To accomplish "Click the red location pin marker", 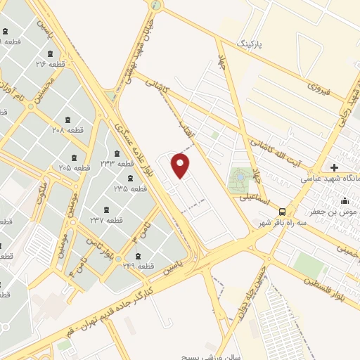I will pos(181,165).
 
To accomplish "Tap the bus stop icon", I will pos(282,211).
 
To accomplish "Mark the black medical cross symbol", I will pos(334,167).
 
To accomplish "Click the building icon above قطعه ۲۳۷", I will pos(105,210).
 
